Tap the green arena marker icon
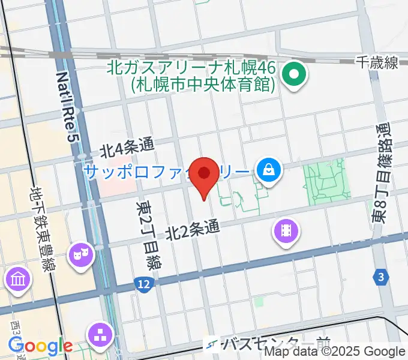295,76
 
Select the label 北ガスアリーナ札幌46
191,68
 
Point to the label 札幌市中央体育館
203,85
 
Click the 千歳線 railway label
376,62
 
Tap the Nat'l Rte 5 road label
68,107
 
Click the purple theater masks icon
80,255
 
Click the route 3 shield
380,277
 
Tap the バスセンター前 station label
275,344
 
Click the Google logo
40,345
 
